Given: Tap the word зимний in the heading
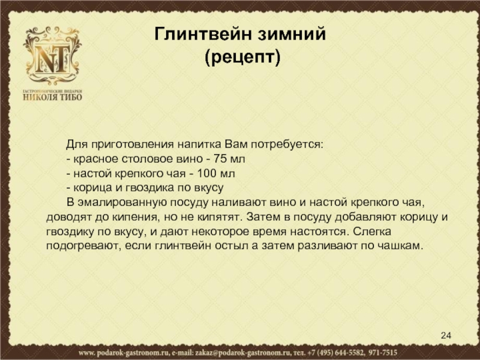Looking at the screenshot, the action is [291, 34].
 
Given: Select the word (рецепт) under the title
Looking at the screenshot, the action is [242, 57].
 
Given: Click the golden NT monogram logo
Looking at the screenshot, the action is [52, 56].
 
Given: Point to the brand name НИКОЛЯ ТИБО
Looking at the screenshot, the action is [53, 97].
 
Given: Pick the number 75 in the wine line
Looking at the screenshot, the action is [220, 158].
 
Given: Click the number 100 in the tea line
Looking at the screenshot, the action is [206, 173].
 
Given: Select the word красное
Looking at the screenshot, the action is [96, 159].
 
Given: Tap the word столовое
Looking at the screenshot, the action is [147, 159].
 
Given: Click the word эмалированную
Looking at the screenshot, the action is [122, 203].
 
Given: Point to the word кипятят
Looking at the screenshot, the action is [218, 217].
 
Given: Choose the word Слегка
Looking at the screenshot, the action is [371, 232].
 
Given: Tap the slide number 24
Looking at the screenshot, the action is [446, 335].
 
